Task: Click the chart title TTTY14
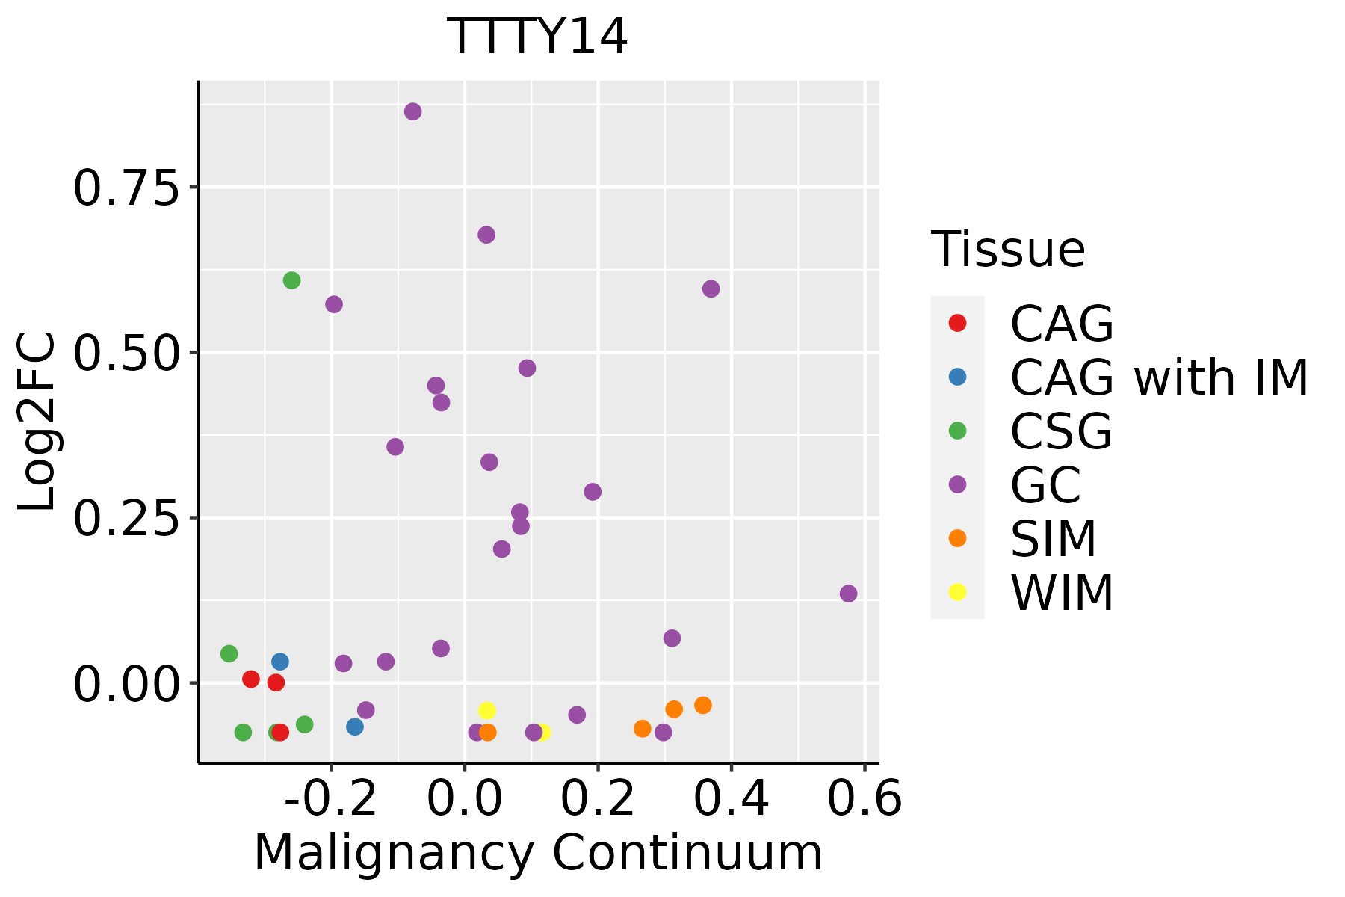(x=537, y=37)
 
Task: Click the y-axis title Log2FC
(x=37, y=422)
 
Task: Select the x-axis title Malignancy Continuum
(x=538, y=853)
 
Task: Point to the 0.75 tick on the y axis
(x=126, y=188)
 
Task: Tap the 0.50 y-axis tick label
(x=126, y=353)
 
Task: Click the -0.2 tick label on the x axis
(x=331, y=799)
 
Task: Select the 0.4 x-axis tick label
(x=732, y=799)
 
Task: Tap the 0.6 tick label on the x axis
(x=865, y=799)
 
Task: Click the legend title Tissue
(x=1008, y=250)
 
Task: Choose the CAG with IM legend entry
(x=1159, y=377)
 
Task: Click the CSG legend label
(x=1061, y=431)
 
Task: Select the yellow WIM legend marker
(x=957, y=592)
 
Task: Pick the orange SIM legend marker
(x=957, y=538)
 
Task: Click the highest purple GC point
(x=412, y=111)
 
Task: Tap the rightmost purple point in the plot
(x=848, y=594)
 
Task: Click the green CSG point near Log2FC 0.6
(x=292, y=280)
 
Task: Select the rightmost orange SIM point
(x=702, y=705)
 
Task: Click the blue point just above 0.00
(x=280, y=662)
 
